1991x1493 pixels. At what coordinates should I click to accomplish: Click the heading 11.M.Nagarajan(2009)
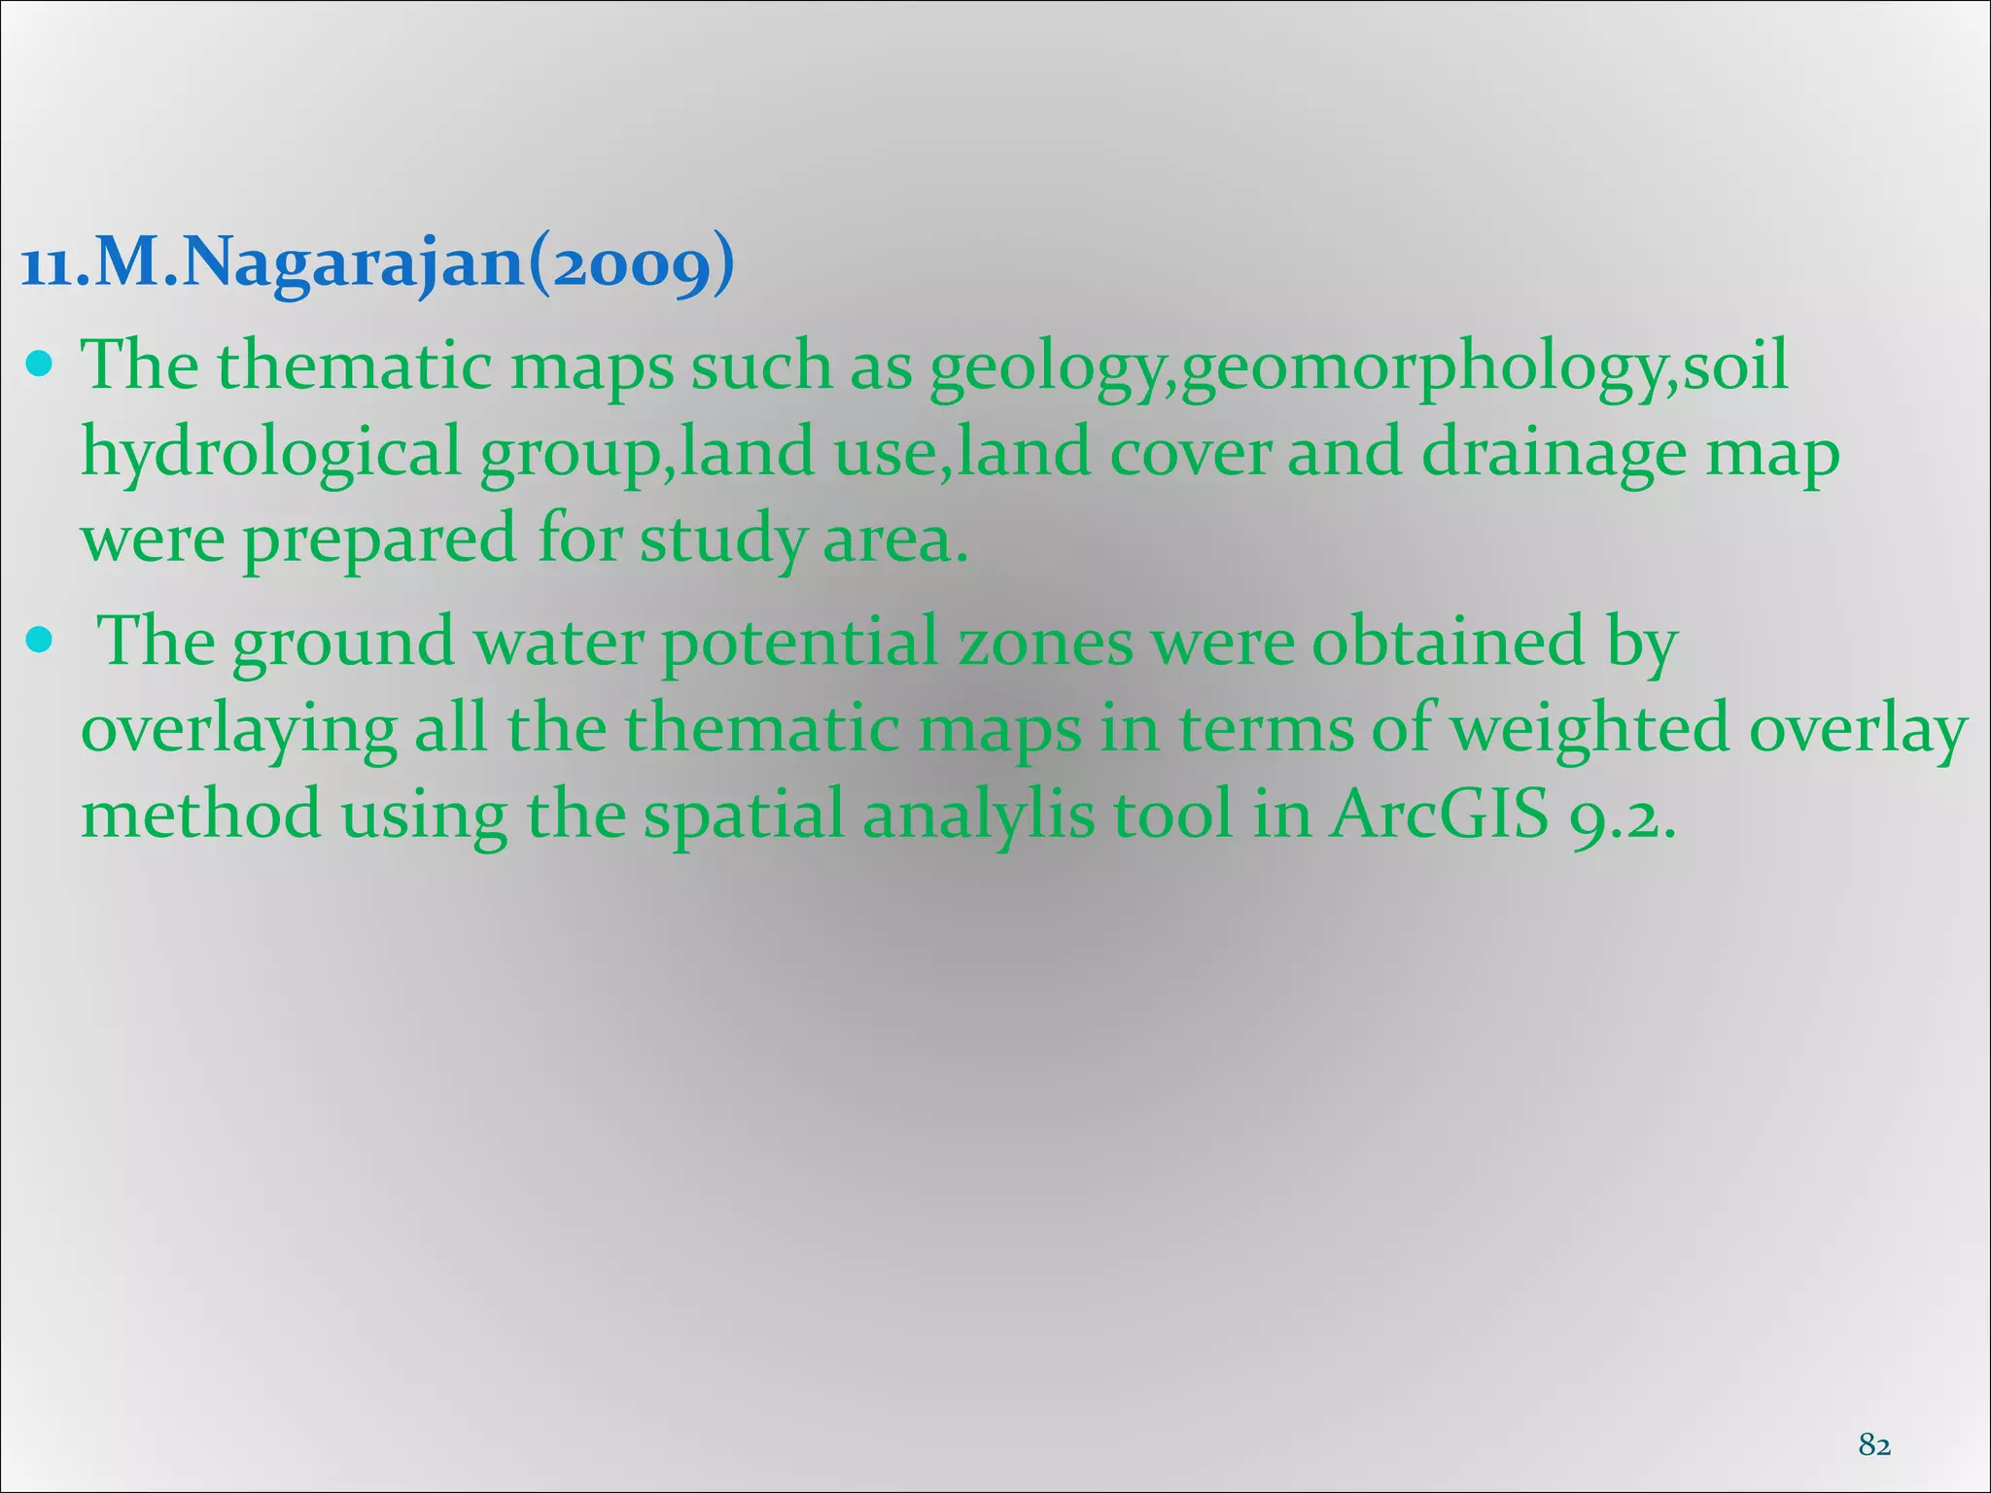coord(377,263)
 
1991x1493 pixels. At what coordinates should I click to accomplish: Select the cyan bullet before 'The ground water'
coord(40,642)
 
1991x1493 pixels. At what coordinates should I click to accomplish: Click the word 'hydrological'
coord(270,454)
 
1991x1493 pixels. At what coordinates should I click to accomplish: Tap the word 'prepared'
coord(379,540)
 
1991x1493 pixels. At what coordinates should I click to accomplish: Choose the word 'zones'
coord(1046,642)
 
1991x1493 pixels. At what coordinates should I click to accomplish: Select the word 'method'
coord(200,815)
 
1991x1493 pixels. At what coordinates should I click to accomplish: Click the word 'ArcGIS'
coord(1439,815)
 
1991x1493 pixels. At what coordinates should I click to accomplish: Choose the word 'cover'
coord(1190,454)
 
